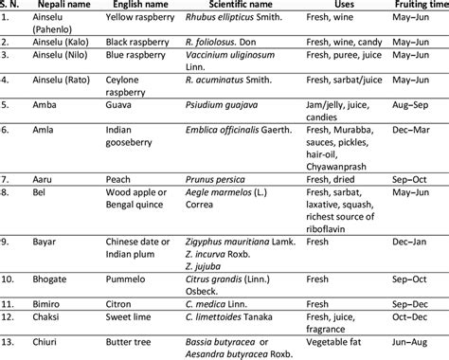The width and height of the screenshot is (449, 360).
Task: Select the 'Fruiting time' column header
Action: pos(413,7)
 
